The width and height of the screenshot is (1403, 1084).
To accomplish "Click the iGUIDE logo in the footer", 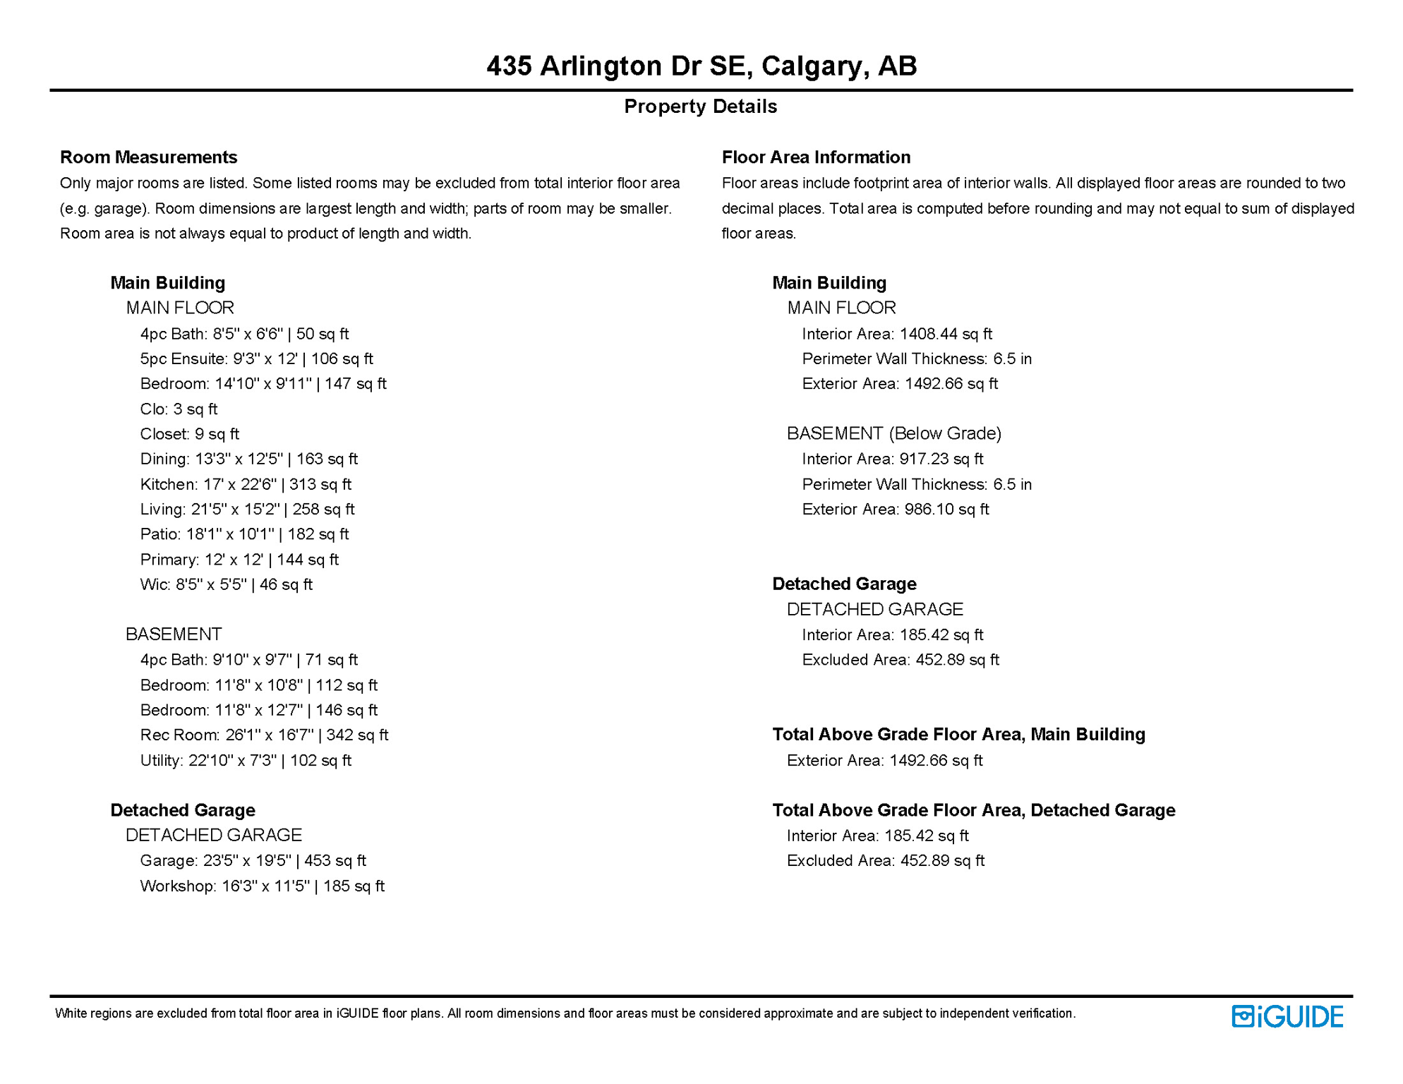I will click(x=1287, y=1016).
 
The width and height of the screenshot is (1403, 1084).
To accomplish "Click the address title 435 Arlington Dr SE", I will click(x=701, y=66).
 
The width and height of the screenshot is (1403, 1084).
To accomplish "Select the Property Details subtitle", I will click(x=700, y=107).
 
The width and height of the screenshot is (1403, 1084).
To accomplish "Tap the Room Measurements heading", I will click(x=148, y=157).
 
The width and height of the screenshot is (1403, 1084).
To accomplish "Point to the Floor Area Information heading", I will click(x=816, y=157).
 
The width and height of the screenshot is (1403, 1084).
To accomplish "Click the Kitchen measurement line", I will click(x=246, y=484).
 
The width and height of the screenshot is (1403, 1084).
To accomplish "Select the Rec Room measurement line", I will click(x=264, y=735).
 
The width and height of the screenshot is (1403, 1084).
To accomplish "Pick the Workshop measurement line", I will click(x=262, y=886).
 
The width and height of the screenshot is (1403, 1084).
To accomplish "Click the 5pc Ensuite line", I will click(x=256, y=359).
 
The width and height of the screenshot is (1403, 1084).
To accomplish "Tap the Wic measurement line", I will click(x=226, y=584).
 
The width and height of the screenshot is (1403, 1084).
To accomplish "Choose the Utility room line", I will click(x=246, y=760).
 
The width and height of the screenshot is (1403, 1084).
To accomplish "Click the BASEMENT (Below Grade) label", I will click(x=894, y=433).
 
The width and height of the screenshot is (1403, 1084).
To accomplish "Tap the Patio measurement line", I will click(x=244, y=534).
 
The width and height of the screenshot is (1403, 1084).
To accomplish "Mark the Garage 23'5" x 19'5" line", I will click(x=253, y=860).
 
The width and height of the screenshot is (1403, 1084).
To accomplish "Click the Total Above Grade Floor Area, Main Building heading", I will click(x=958, y=735).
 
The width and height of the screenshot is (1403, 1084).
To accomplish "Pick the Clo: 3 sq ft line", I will click(x=179, y=409).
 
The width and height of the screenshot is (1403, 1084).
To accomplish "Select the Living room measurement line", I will click(x=247, y=509).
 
